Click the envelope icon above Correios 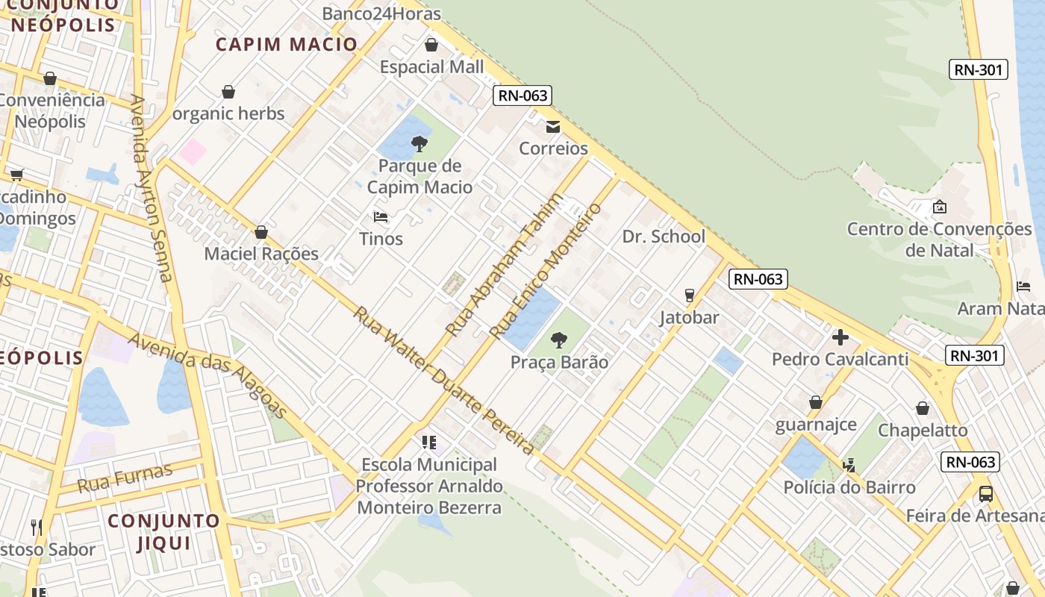pos(553,127)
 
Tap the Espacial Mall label pos(431,67)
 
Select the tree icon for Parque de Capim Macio pos(419,143)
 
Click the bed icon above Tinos pos(381,217)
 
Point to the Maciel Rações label pos(261,254)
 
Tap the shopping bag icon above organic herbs pos(228,92)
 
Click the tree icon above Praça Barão pos(558,340)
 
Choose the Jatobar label pos(689,317)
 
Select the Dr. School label pos(664,237)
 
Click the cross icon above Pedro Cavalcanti pos(840,337)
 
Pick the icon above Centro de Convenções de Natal pos(940,207)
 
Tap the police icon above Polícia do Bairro pos(849,466)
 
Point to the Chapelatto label pos(923,431)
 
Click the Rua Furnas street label pos(125,478)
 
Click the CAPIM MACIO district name pos(287,44)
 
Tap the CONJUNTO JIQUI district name pos(164,531)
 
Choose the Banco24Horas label pos(381,13)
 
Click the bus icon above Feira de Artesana pos(986,493)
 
